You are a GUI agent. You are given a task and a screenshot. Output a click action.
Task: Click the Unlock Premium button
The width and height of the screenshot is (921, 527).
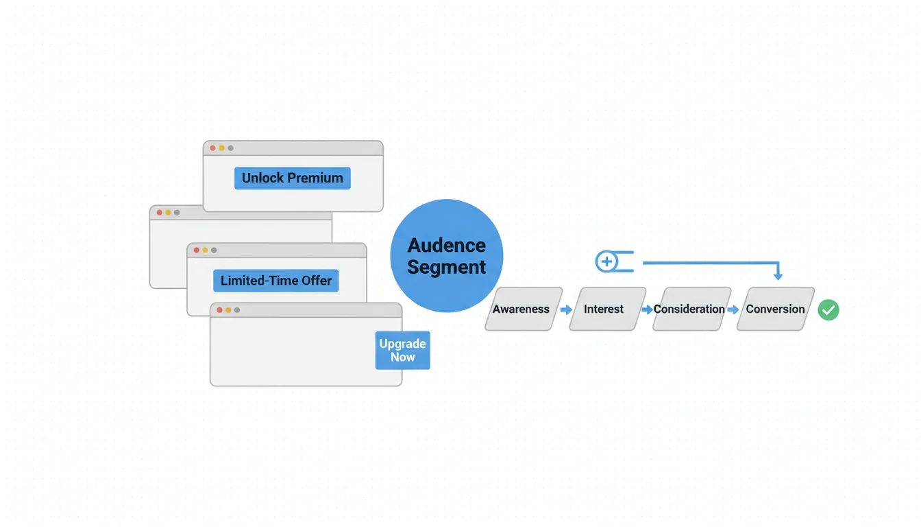[x=293, y=178]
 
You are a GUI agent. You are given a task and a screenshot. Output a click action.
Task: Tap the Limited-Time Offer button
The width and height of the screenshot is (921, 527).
[x=276, y=281]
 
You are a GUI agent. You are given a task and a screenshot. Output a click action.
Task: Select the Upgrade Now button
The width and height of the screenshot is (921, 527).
[x=402, y=350]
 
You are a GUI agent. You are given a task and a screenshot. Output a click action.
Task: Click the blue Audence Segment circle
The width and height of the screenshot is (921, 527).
[x=447, y=256]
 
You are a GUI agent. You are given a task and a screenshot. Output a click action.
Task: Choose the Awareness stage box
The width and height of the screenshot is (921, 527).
[x=521, y=309]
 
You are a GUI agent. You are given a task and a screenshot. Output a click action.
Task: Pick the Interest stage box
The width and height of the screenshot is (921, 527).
[x=604, y=309]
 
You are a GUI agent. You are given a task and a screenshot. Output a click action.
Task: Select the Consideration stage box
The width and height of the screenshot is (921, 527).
[x=689, y=309]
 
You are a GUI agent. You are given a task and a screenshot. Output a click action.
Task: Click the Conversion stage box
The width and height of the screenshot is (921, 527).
[x=775, y=309]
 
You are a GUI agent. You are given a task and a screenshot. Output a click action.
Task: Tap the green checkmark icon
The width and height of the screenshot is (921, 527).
[x=828, y=310]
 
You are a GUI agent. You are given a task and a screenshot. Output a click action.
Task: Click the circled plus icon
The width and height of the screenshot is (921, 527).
[x=606, y=261]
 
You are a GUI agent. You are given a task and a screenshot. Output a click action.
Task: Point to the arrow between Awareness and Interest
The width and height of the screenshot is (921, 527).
[x=566, y=310]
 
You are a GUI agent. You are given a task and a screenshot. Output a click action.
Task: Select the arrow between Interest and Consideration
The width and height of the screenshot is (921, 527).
[x=647, y=310]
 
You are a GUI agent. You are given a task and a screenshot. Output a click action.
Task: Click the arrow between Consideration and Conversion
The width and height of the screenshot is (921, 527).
[x=733, y=310]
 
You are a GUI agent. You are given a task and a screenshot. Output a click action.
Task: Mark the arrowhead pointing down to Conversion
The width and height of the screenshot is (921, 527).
[x=778, y=276]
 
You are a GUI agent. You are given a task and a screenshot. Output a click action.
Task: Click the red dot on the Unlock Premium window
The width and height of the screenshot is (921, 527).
[x=213, y=148]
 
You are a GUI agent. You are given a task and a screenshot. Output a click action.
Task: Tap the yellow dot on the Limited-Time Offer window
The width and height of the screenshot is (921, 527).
[x=205, y=250]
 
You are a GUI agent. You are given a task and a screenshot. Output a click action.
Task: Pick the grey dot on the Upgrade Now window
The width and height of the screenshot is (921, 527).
[x=237, y=310]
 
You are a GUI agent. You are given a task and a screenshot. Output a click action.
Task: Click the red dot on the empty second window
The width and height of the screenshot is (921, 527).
[x=160, y=213]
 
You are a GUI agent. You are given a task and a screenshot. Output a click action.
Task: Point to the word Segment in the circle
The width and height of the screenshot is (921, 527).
[x=447, y=267]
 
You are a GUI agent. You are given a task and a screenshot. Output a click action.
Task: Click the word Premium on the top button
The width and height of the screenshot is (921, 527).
[x=316, y=178]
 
